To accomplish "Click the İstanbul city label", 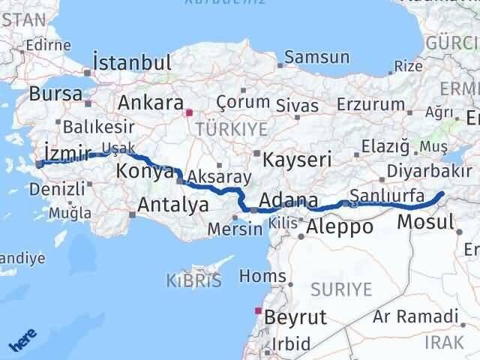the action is tap(132, 61).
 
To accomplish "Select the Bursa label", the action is tap(55, 94).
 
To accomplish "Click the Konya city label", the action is tap(145, 172).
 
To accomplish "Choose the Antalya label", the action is tap(172, 204).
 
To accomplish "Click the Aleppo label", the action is tap(340, 226).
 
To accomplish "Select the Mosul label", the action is tap(425, 221).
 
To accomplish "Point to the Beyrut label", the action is tap(295, 317).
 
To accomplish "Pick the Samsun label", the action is tap(316, 57).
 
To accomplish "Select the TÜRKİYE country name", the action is tap(231, 130).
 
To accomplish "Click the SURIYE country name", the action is tap(342, 289).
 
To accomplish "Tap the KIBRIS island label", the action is tap(193, 281).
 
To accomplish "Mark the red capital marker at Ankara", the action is tap(189, 113).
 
